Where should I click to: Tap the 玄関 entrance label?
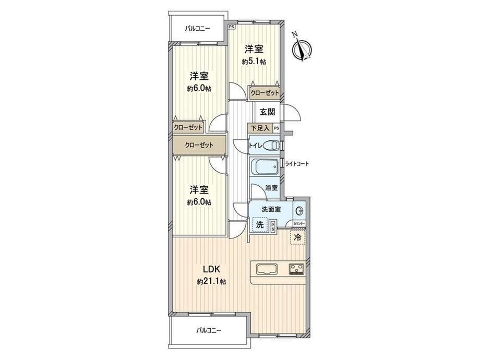click(x=267, y=112)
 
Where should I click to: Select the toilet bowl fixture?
click(x=270, y=146)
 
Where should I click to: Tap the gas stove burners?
click(x=296, y=269)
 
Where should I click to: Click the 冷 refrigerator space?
click(x=297, y=236)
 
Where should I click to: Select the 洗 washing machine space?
click(x=260, y=225)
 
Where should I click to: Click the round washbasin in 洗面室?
click(x=299, y=211)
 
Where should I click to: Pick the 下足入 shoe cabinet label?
click(x=260, y=128)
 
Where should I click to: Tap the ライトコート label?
click(x=297, y=164)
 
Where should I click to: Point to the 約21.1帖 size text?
click(x=211, y=281)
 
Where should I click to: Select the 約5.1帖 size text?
click(x=254, y=62)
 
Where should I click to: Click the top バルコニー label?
click(x=197, y=29)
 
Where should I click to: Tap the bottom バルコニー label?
click(x=209, y=330)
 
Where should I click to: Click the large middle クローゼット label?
click(x=199, y=145)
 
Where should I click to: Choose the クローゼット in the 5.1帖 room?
click(x=265, y=92)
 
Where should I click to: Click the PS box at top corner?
click(x=232, y=27)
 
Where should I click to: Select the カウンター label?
click(x=299, y=224)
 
